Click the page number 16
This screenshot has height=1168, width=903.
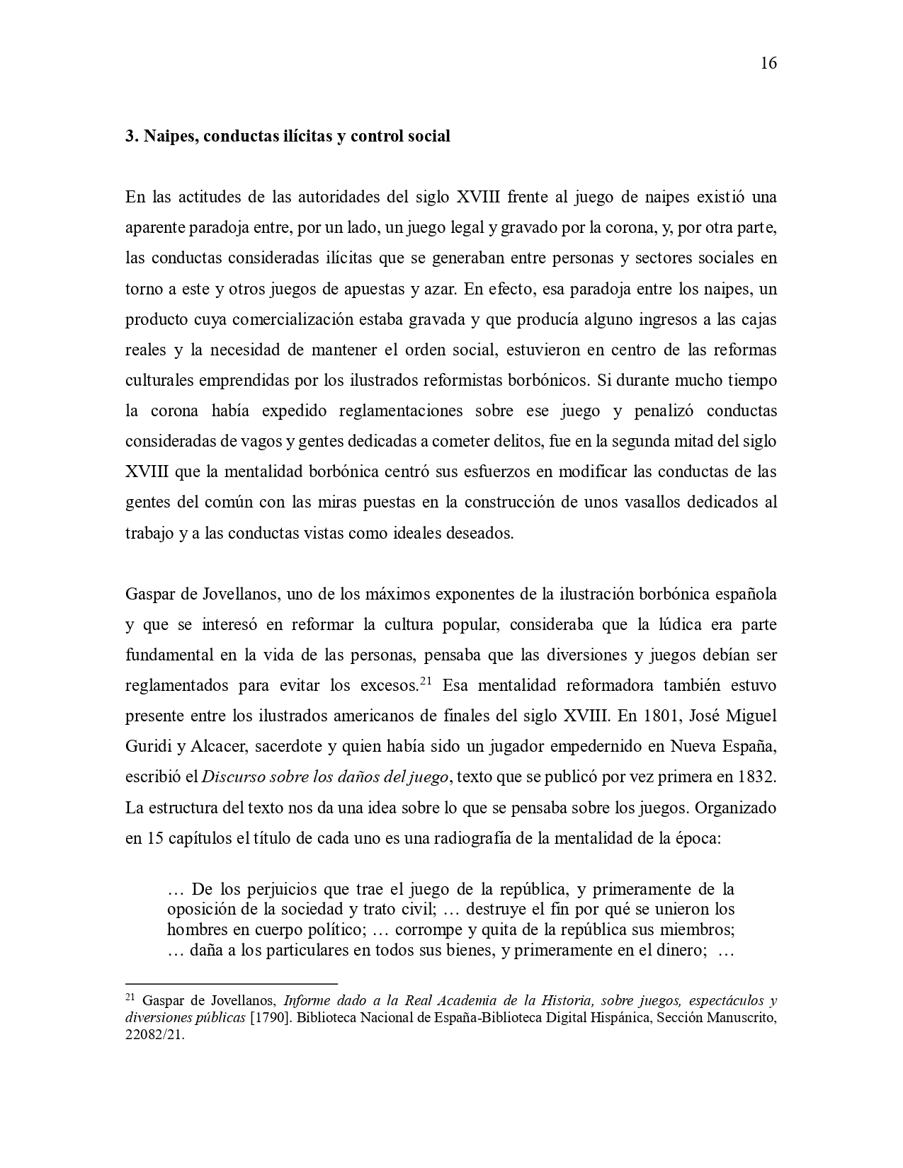pyautogui.click(x=768, y=63)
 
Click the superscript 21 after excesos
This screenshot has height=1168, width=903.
pyautogui.click(x=426, y=682)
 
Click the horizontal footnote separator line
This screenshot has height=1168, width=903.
pyautogui.click(x=231, y=983)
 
